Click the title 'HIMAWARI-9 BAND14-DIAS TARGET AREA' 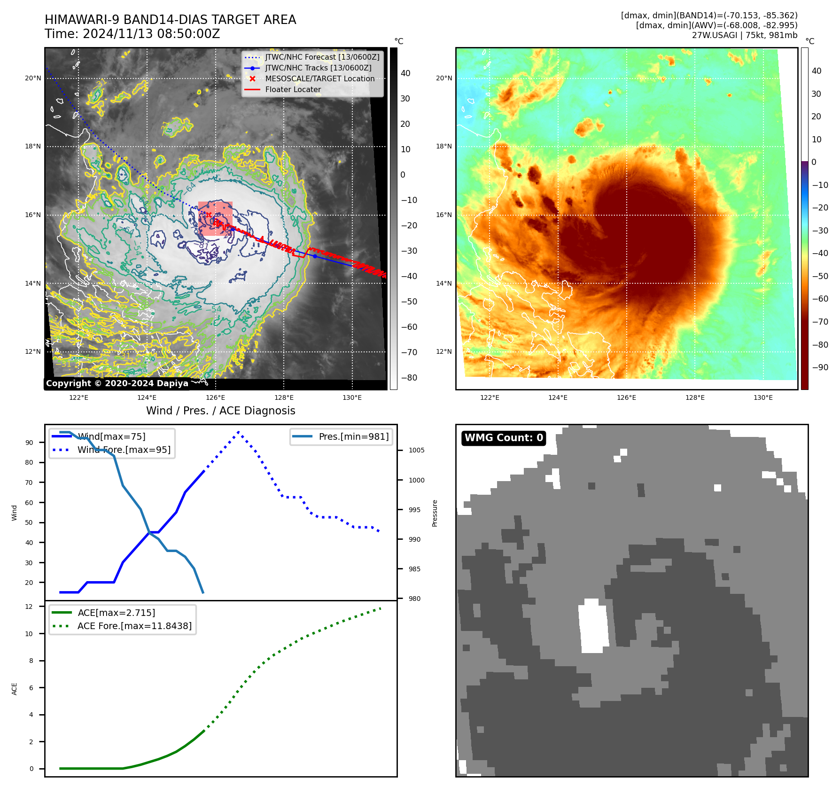coord(170,20)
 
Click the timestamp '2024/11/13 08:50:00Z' coord(151,34)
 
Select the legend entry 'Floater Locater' coord(293,89)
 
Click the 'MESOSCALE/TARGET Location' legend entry coord(319,78)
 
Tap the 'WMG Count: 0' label coord(504,438)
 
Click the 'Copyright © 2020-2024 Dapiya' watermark coord(117,383)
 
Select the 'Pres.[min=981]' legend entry coord(353,436)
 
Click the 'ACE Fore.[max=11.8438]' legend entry coord(134,626)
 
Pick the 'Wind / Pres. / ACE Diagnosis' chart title coord(221,411)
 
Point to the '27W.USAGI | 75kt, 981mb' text coord(744,35)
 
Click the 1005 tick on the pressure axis coord(416,450)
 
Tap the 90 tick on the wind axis coord(29,443)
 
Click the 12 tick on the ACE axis coord(29,607)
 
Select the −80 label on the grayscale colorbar coord(409,378)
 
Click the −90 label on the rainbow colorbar coord(820,367)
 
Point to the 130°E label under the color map coord(763,397)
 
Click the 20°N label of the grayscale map coord(33,78)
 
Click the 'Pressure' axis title coord(435,513)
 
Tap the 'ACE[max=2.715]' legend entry coord(116,613)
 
